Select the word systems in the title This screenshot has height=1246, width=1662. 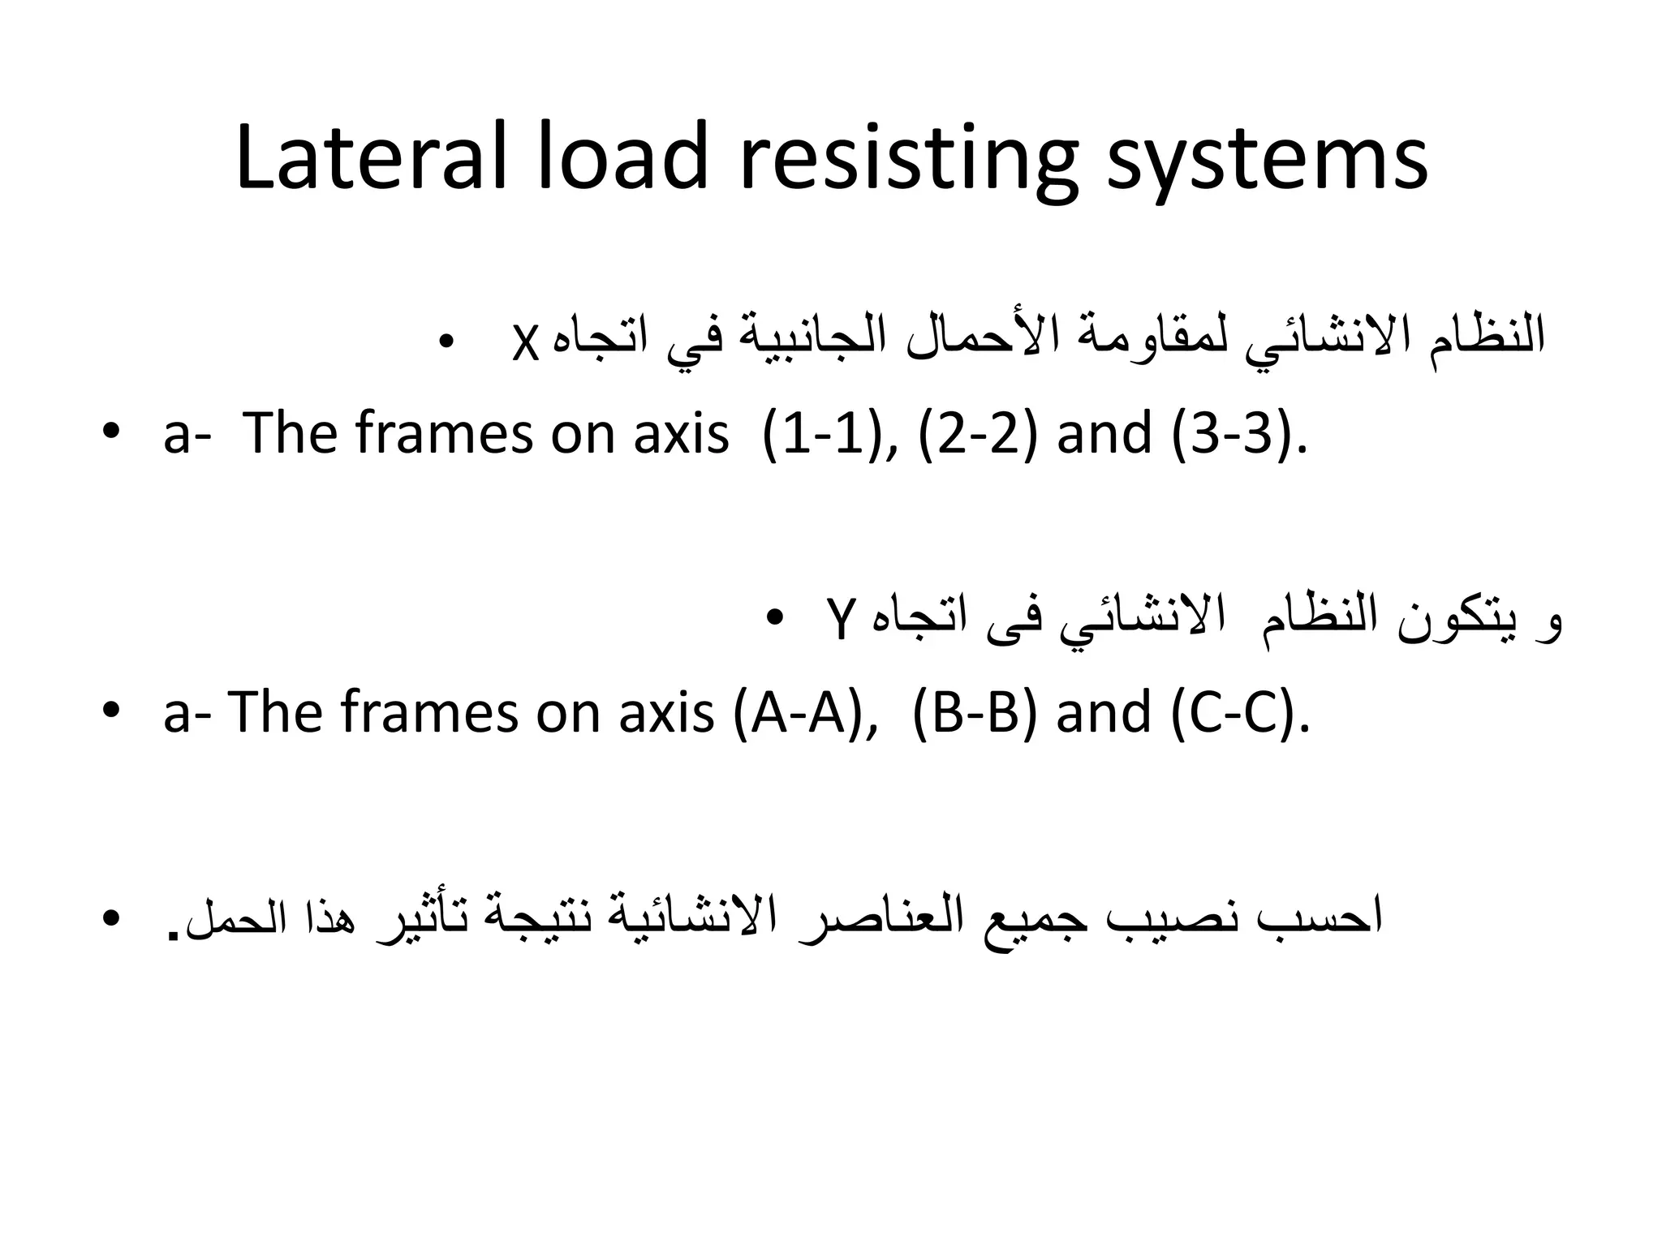click(1266, 162)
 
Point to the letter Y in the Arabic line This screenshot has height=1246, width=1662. click(840, 621)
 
